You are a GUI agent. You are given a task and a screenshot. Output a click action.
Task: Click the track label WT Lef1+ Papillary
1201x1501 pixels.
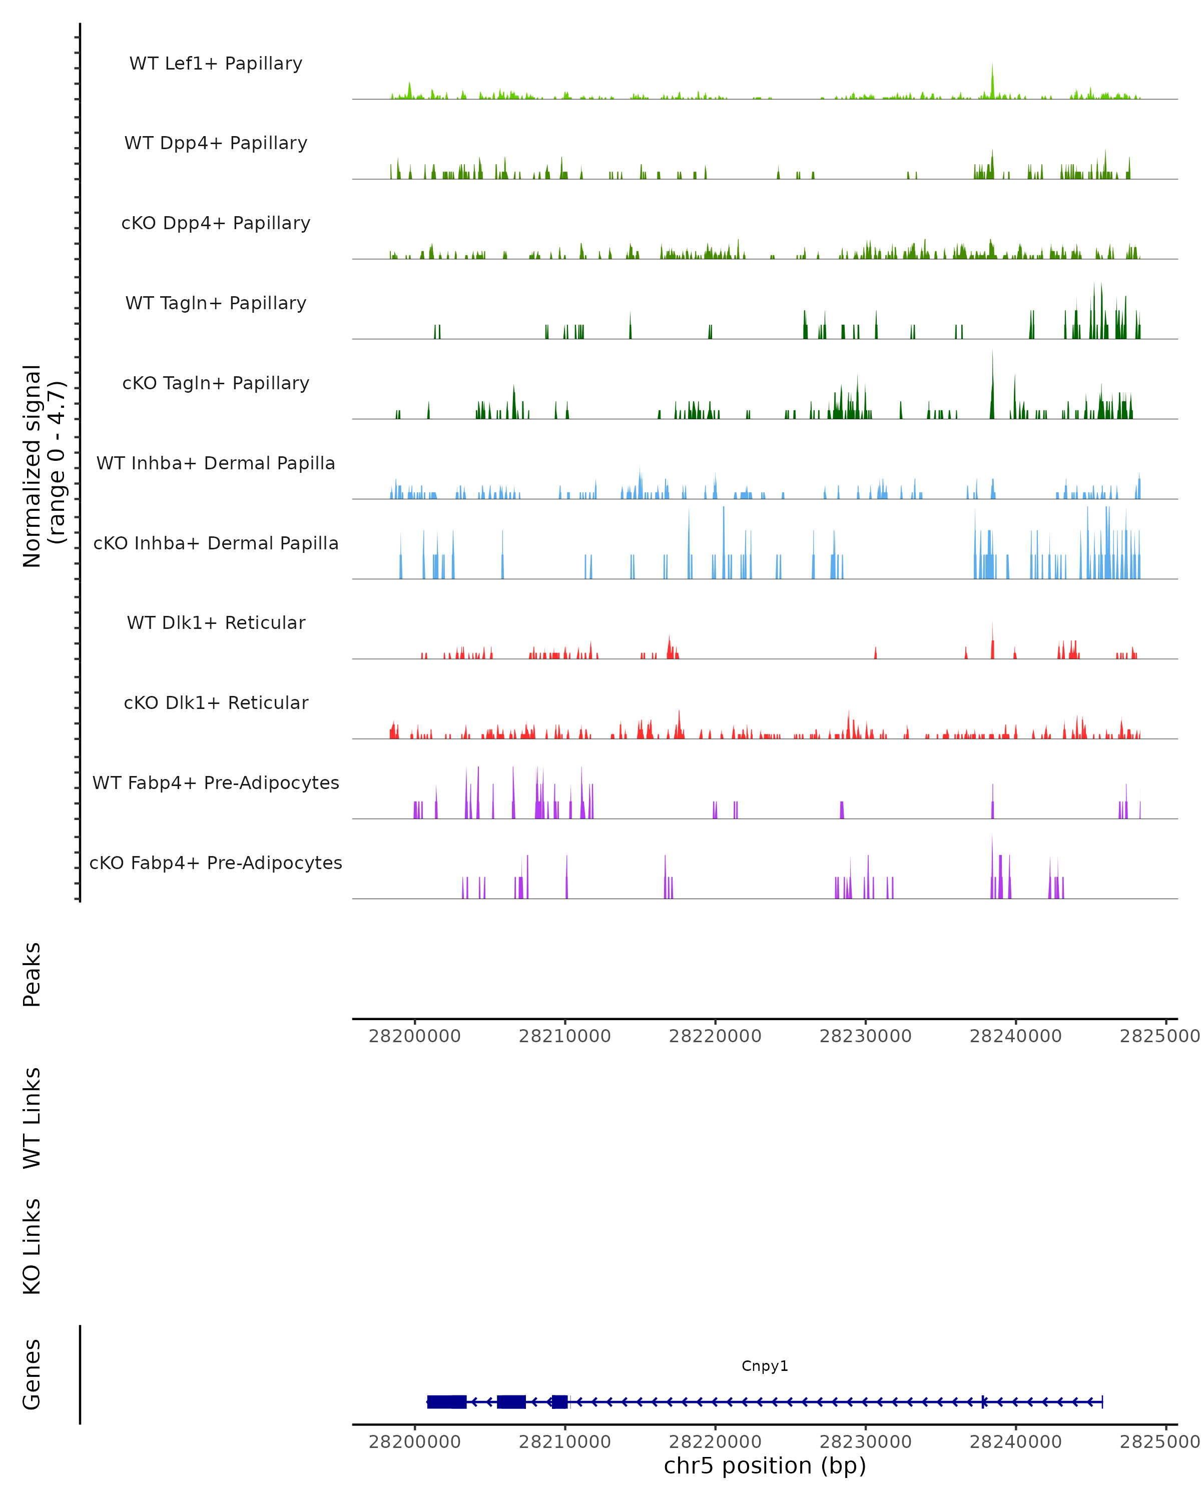point(216,64)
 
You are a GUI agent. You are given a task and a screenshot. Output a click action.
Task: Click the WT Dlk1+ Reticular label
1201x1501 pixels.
point(216,622)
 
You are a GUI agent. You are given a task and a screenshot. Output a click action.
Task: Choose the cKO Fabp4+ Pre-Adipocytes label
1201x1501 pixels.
point(216,863)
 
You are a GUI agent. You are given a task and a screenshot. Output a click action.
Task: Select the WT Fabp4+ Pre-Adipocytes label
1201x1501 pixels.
point(216,783)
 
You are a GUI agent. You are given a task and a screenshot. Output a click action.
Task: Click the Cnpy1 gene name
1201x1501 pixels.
point(765,1366)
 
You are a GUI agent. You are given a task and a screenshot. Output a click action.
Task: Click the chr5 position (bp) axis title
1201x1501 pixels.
point(765,1465)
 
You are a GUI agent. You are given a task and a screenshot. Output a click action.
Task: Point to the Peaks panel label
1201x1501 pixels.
point(32,975)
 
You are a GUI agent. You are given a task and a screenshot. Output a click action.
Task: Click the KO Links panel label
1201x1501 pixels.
point(32,1247)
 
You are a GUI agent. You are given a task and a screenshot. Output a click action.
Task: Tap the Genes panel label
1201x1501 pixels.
point(32,1374)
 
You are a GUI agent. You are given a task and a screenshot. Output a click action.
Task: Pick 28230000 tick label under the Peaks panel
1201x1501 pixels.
point(865,1036)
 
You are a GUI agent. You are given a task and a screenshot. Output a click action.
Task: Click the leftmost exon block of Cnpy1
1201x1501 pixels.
point(446,1401)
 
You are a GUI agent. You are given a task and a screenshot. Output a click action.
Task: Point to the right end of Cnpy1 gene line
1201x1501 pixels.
point(1102,1401)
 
